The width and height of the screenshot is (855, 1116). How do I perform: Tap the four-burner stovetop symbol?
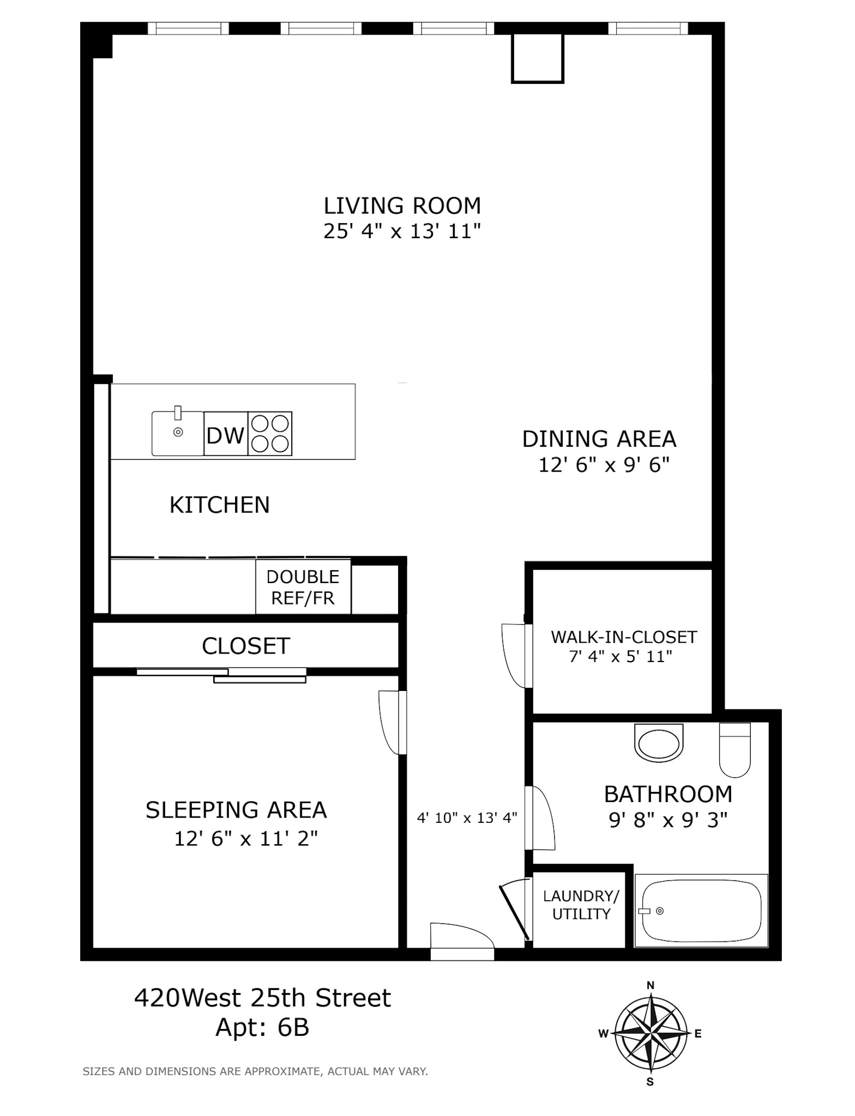pyautogui.click(x=270, y=434)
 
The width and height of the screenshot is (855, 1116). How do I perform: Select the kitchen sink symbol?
pyautogui.click(x=177, y=434)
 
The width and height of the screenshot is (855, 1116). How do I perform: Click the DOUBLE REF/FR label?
pyautogui.click(x=303, y=587)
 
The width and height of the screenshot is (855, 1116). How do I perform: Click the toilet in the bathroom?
pyautogui.click(x=735, y=749)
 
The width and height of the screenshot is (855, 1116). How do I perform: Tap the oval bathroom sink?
pyautogui.click(x=659, y=742)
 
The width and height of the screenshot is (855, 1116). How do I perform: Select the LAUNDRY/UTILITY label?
pyautogui.click(x=581, y=905)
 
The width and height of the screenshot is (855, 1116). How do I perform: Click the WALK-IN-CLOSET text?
pyautogui.click(x=624, y=636)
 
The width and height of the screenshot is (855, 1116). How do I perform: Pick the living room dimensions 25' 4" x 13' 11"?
pyautogui.click(x=402, y=231)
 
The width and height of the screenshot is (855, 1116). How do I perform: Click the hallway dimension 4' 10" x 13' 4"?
pyautogui.click(x=467, y=818)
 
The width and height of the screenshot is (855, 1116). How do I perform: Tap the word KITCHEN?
pyautogui.click(x=220, y=505)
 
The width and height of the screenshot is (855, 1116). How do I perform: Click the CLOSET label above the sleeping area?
pyautogui.click(x=246, y=646)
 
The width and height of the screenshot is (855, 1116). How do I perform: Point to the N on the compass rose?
pyautogui.click(x=650, y=985)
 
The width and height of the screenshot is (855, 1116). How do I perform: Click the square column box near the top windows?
pyautogui.click(x=538, y=58)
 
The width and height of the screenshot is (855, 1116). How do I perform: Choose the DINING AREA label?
pyautogui.click(x=599, y=439)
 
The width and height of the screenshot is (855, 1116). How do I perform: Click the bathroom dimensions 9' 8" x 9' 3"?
pyautogui.click(x=668, y=820)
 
